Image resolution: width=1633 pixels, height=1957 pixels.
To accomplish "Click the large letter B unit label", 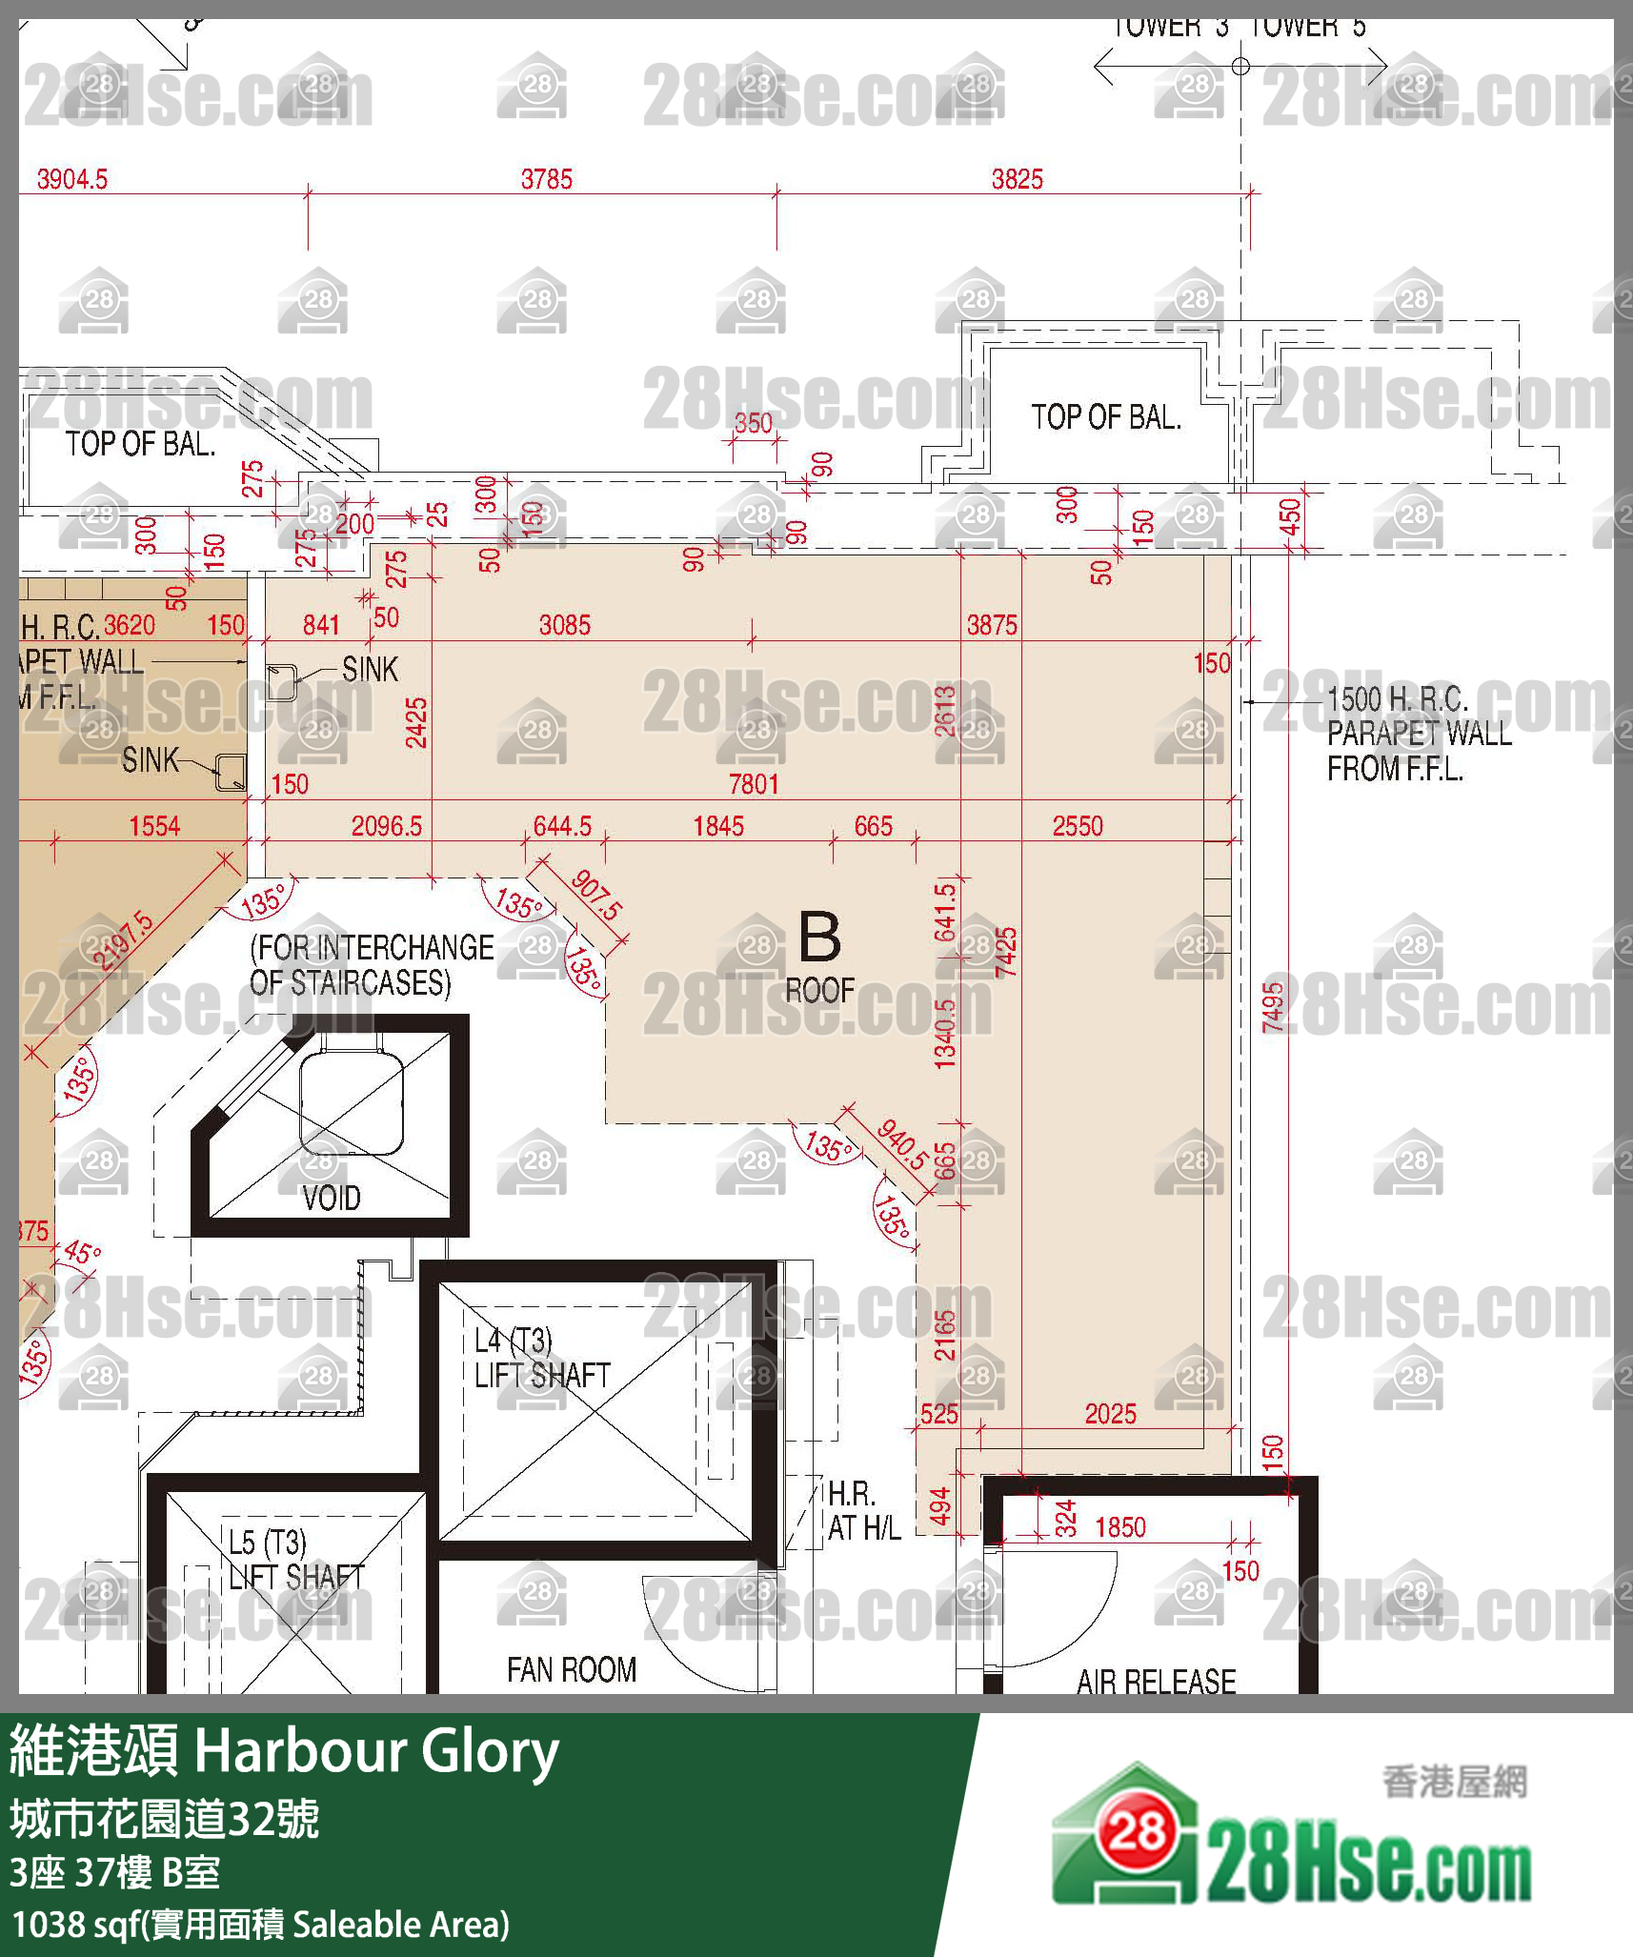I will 819,938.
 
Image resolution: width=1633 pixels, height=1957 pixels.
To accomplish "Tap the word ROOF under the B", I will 819,991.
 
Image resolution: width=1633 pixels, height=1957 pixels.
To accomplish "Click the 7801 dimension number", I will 754,784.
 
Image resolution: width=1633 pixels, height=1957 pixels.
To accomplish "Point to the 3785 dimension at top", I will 547,179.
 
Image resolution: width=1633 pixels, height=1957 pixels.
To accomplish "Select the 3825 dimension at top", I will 1017,179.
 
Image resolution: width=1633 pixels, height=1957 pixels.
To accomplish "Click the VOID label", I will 332,1198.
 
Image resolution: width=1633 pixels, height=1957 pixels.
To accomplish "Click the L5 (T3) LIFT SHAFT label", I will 295,1560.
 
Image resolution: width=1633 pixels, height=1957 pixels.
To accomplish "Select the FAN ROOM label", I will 572,1670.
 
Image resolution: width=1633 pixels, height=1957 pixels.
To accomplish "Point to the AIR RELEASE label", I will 1156,1682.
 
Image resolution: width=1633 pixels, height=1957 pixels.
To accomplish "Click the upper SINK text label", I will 370,670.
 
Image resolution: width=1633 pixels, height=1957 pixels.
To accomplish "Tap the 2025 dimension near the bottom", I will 1110,1414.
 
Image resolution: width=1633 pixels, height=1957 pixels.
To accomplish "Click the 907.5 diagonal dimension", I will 596,895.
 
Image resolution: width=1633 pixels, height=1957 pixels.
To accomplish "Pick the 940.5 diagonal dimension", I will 901,1144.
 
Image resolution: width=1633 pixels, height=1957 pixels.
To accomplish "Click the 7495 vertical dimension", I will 1273,1006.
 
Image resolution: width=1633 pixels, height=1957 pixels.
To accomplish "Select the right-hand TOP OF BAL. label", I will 1105,417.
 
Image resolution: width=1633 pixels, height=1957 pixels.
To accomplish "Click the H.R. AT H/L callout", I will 863,1510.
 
